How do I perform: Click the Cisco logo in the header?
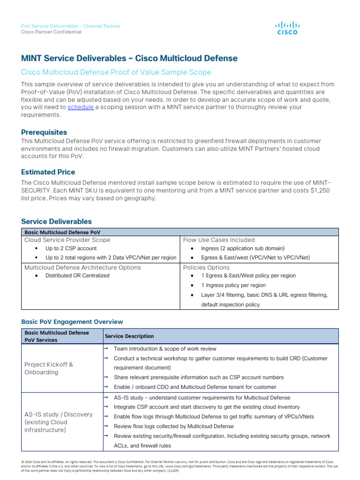coord(287,28)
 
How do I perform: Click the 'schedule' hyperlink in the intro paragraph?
coord(81,107)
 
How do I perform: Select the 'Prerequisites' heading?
coord(44,132)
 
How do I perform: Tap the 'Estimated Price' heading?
coord(48,172)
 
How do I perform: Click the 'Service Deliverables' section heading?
coord(56,221)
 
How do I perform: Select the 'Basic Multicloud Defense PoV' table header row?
coord(62,232)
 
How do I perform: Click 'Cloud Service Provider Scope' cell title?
coord(67,240)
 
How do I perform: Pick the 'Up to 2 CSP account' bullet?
coord(71,248)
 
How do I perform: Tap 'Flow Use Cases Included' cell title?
coord(219,240)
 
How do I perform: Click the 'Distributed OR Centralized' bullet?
coord(77,276)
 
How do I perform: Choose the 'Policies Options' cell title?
coord(206,267)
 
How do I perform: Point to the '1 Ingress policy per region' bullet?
coord(233,285)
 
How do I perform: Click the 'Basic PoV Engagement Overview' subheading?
coord(72,322)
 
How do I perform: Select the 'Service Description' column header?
coord(129,336)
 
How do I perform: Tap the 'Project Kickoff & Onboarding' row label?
coord(49,368)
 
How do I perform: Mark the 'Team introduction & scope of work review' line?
coord(165,349)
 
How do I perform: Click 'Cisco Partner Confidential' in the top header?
coord(51,32)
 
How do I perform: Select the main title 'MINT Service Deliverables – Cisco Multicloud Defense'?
coord(129,59)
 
